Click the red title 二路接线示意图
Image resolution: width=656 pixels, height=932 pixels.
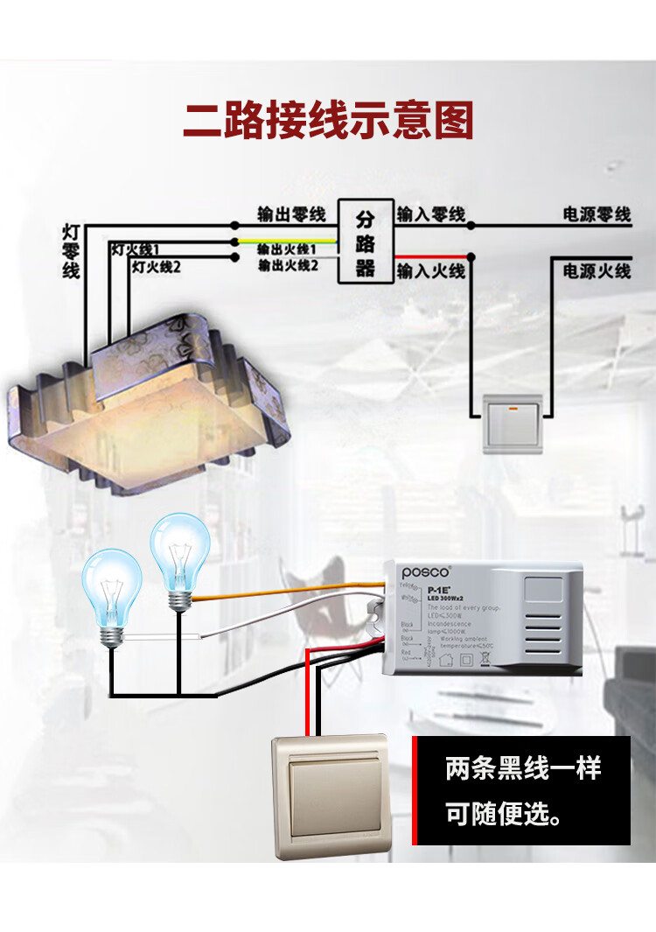point(328,120)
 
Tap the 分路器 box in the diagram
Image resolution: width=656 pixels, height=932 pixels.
point(365,241)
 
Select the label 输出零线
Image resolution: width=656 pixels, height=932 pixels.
point(290,214)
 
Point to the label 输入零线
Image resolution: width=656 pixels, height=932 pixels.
point(431,214)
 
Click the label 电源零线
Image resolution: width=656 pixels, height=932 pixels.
point(597,214)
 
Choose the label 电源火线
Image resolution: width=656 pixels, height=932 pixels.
point(597,271)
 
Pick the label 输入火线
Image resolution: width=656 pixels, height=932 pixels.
point(431,272)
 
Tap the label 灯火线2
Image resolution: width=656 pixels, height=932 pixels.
point(157,267)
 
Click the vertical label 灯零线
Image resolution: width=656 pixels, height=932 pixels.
point(71,251)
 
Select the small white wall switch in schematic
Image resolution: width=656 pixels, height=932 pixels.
point(513,423)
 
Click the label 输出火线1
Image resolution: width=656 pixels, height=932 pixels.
point(287,249)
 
